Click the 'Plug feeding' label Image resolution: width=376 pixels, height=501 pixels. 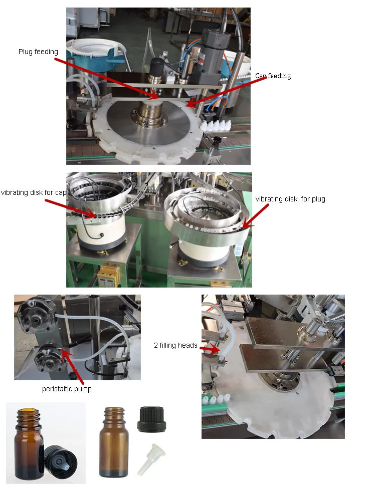pos(38,52)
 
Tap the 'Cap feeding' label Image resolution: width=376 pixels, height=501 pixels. pos(273,76)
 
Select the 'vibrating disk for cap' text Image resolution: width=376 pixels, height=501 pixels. pos(34,192)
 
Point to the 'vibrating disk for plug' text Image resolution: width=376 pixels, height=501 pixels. pos(290,199)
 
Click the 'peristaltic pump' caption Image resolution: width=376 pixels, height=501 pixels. pos(67,389)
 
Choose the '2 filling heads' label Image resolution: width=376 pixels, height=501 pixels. pos(175,345)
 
